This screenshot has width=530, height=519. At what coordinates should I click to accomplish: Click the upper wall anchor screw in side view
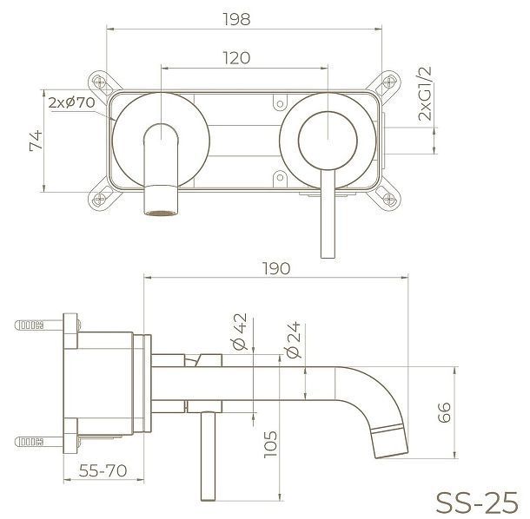pyautogui.click(x=32, y=327)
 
